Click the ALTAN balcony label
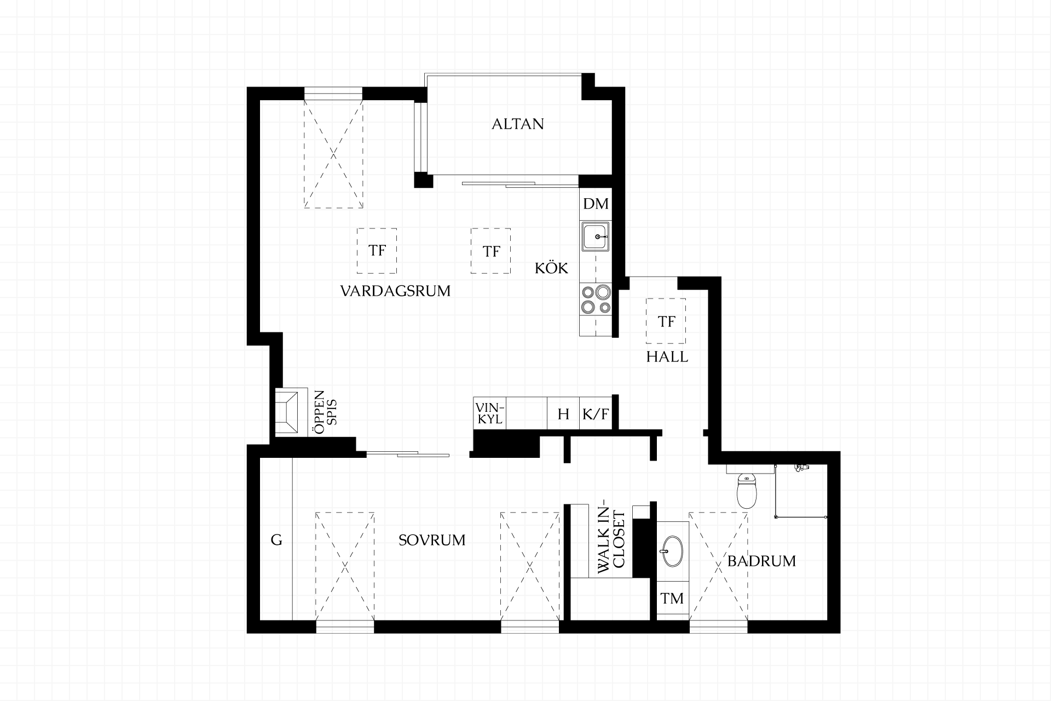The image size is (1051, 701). tap(517, 124)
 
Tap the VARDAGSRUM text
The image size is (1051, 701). tap(395, 291)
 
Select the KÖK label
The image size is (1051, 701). tap(551, 268)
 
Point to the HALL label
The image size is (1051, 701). tap(667, 357)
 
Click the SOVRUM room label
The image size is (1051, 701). tap(432, 540)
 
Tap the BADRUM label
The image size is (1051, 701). tap(761, 561)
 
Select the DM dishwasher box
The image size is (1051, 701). tap(595, 204)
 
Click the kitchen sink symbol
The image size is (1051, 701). tap(596, 237)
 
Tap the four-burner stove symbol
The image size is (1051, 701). tap(596, 300)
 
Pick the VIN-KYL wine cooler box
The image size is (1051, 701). tap(489, 413)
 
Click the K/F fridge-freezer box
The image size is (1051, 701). tap(596, 413)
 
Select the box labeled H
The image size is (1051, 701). tap(563, 413)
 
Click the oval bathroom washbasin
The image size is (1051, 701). tap(672, 550)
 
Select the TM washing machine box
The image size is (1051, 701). tap(672, 598)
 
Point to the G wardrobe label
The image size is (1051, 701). tap(276, 540)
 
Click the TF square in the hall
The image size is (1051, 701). tap(666, 321)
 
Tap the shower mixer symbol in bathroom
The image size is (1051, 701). tap(801, 467)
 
